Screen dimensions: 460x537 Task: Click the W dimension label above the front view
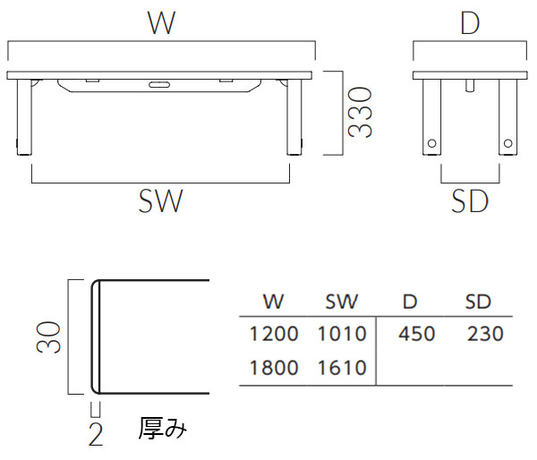(161, 23)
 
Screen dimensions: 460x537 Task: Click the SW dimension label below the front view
(161, 201)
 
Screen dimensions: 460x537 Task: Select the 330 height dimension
(360, 112)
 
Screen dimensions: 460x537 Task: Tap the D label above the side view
(470, 23)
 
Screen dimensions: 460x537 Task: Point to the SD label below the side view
(470, 202)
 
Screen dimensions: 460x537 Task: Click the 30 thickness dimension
(50, 336)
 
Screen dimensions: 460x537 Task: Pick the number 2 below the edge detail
(96, 436)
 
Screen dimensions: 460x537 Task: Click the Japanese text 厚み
(163, 429)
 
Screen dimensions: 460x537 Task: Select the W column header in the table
(273, 302)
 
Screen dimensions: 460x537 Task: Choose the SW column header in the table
(341, 302)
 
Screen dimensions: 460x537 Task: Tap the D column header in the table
(410, 302)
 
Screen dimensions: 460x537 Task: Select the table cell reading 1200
(274, 335)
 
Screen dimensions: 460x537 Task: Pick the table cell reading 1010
(342, 335)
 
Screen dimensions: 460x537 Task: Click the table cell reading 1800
(274, 368)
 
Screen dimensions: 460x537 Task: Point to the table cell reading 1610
(342, 368)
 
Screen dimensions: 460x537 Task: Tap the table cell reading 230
(484, 335)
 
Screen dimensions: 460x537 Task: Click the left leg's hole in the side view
(432, 142)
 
